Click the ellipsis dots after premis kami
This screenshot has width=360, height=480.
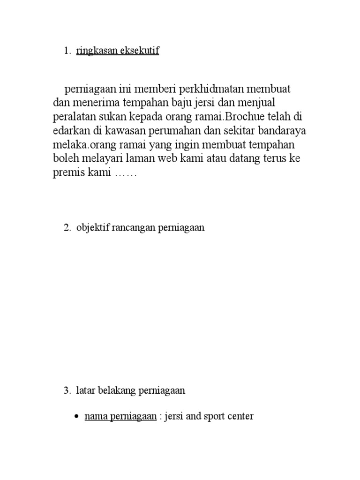point(125,174)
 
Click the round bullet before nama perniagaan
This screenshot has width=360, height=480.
point(76,417)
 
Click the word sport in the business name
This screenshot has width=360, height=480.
point(214,416)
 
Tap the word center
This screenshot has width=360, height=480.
point(240,416)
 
